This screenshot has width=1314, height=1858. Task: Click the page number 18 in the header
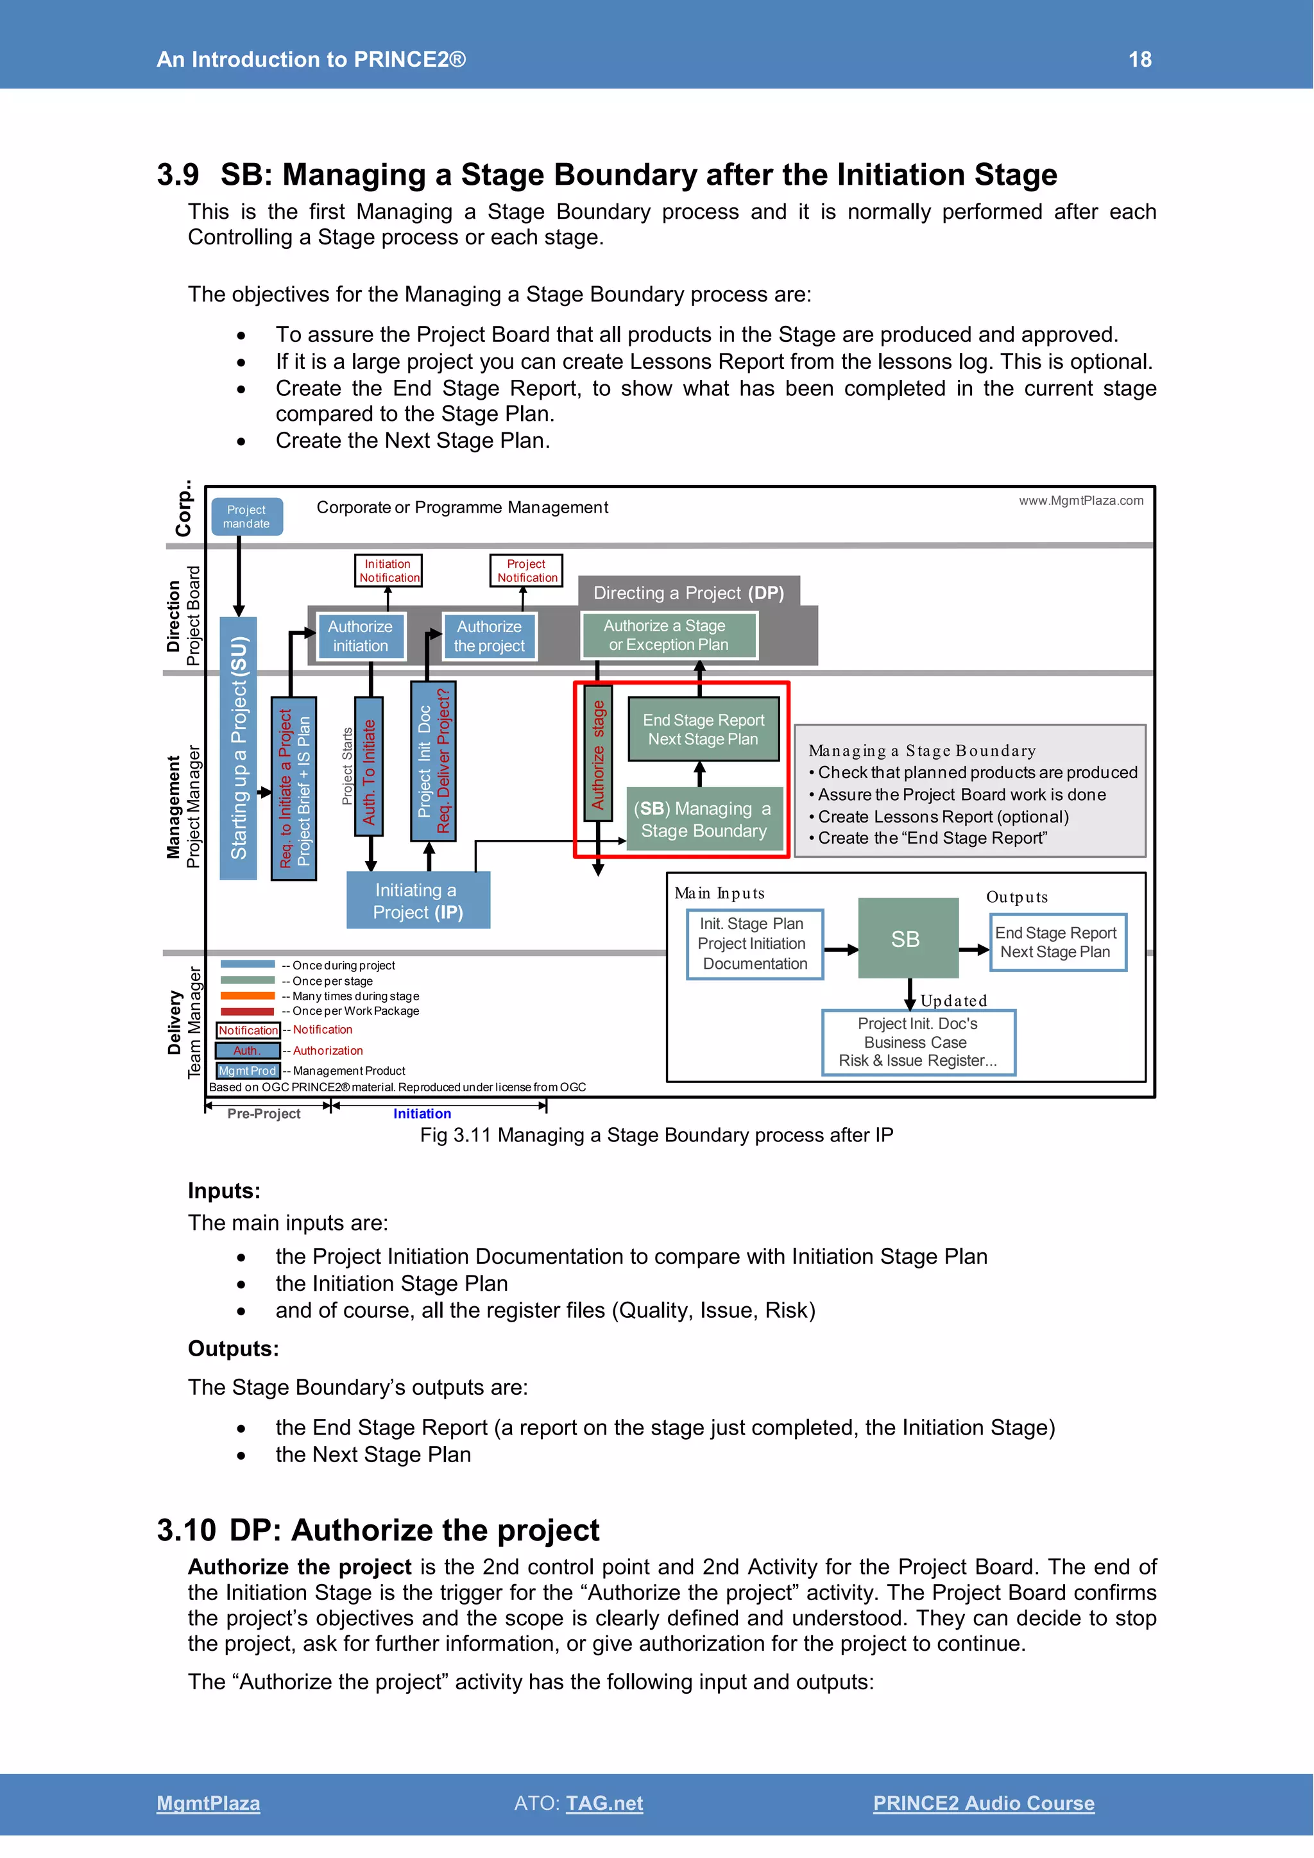[1139, 59]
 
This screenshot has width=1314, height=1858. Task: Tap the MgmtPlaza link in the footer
[208, 1803]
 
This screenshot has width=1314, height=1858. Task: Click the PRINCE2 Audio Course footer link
[983, 1803]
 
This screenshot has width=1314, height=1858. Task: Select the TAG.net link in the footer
[604, 1803]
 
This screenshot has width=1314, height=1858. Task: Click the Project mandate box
[247, 517]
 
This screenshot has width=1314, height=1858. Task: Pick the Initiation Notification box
[388, 570]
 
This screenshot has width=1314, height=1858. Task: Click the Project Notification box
[526, 570]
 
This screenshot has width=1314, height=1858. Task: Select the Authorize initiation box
[360, 636]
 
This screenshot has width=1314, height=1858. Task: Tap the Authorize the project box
[489, 636]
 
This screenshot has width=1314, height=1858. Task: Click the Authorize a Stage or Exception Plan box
[669, 635]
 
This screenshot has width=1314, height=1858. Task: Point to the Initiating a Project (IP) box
[418, 901]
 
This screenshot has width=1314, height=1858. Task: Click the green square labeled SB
[906, 939]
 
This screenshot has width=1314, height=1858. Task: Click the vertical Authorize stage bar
[598, 753]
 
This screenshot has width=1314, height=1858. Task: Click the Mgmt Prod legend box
[248, 1071]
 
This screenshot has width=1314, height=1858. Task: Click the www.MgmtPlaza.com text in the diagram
[1080, 501]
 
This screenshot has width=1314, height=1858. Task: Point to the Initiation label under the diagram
[422, 1114]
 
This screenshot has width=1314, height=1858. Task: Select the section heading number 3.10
[186, 1530]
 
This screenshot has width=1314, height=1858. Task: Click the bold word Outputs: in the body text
[233, 1349]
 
